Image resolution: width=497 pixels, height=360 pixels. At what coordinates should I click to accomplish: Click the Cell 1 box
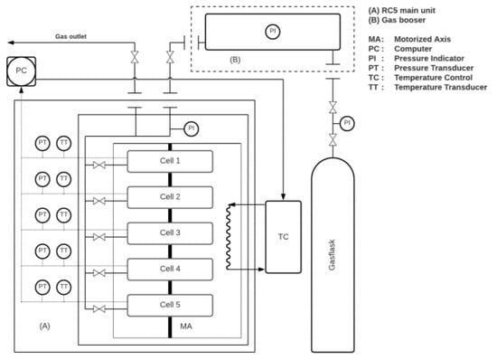pos(170,161)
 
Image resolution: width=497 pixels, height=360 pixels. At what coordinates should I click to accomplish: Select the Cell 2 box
pos(170,197)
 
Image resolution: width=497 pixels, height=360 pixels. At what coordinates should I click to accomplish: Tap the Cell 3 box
pos(170,232)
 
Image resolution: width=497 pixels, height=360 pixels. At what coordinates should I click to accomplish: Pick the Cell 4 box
pos(170,269)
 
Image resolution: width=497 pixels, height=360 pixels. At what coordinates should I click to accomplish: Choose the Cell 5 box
pos(170,305)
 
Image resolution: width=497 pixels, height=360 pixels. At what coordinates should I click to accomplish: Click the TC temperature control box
pos(283,236)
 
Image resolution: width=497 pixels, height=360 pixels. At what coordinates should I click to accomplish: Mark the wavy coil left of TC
pos(230,235)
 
